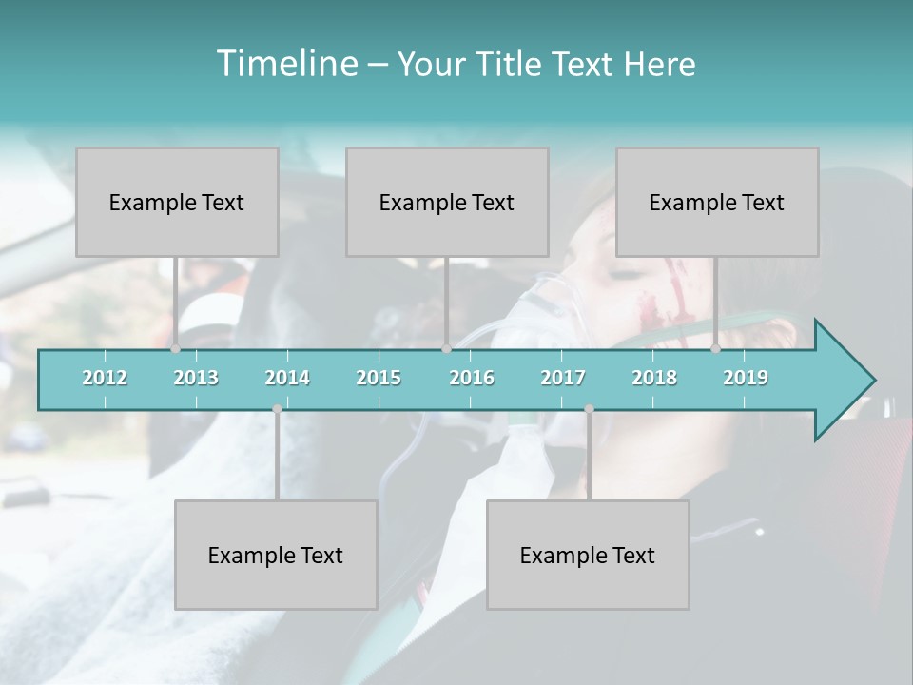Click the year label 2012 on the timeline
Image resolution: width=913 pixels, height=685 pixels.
105,378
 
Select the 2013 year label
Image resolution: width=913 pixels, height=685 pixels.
196,378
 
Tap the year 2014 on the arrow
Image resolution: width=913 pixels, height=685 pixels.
287,378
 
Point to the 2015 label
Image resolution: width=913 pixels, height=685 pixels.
379,378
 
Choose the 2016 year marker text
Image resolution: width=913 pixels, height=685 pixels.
472,378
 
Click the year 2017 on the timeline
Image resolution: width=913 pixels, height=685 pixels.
563,378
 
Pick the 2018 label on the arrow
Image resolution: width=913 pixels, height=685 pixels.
654,378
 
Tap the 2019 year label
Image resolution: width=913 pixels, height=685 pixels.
746,378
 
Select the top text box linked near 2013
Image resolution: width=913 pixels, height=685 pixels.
177,202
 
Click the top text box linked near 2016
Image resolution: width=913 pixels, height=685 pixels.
447,202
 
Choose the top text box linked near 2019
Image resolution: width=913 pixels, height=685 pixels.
717,202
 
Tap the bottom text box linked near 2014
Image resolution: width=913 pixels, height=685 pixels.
276,555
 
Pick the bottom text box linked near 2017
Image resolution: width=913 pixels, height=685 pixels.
588,555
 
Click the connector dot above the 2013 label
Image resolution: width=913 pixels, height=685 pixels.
175,349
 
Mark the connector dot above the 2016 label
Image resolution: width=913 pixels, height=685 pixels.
446,349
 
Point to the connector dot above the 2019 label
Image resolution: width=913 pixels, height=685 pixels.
715,349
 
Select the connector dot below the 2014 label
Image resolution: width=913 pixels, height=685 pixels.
277,409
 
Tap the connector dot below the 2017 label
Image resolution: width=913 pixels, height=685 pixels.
589,409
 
